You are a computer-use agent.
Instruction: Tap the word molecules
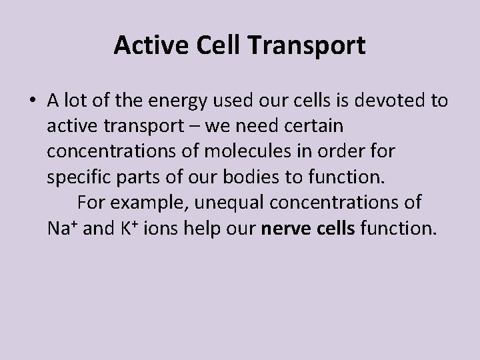241,151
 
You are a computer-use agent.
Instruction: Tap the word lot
75,101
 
